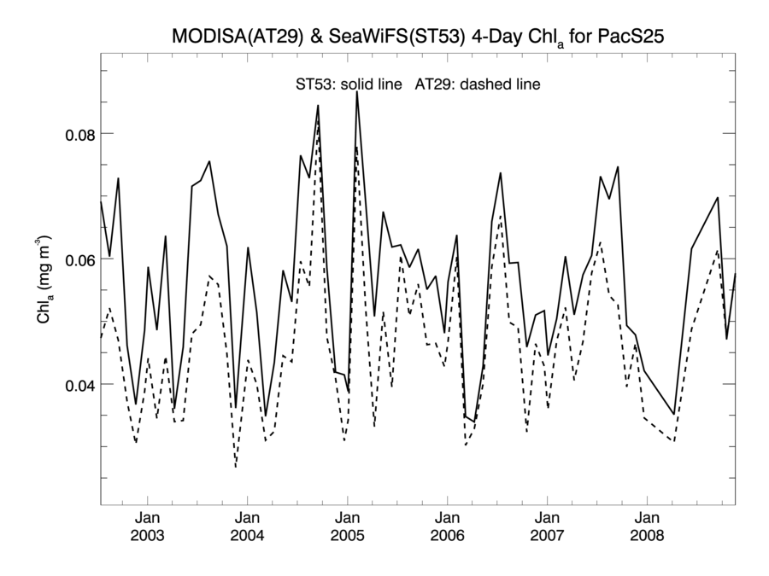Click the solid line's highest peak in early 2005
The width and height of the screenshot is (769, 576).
tap(356, 91)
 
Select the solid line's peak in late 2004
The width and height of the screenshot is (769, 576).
tap(318, 106)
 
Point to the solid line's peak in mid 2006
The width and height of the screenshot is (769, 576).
tap(501, 173)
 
